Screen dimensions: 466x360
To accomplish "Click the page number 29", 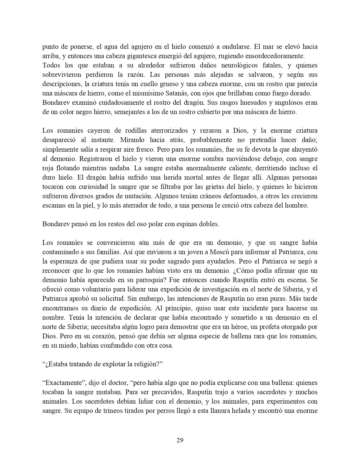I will pos(180,440).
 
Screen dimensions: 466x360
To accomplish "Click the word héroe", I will pos(244,327).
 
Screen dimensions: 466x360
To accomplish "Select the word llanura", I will pos(220,411).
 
